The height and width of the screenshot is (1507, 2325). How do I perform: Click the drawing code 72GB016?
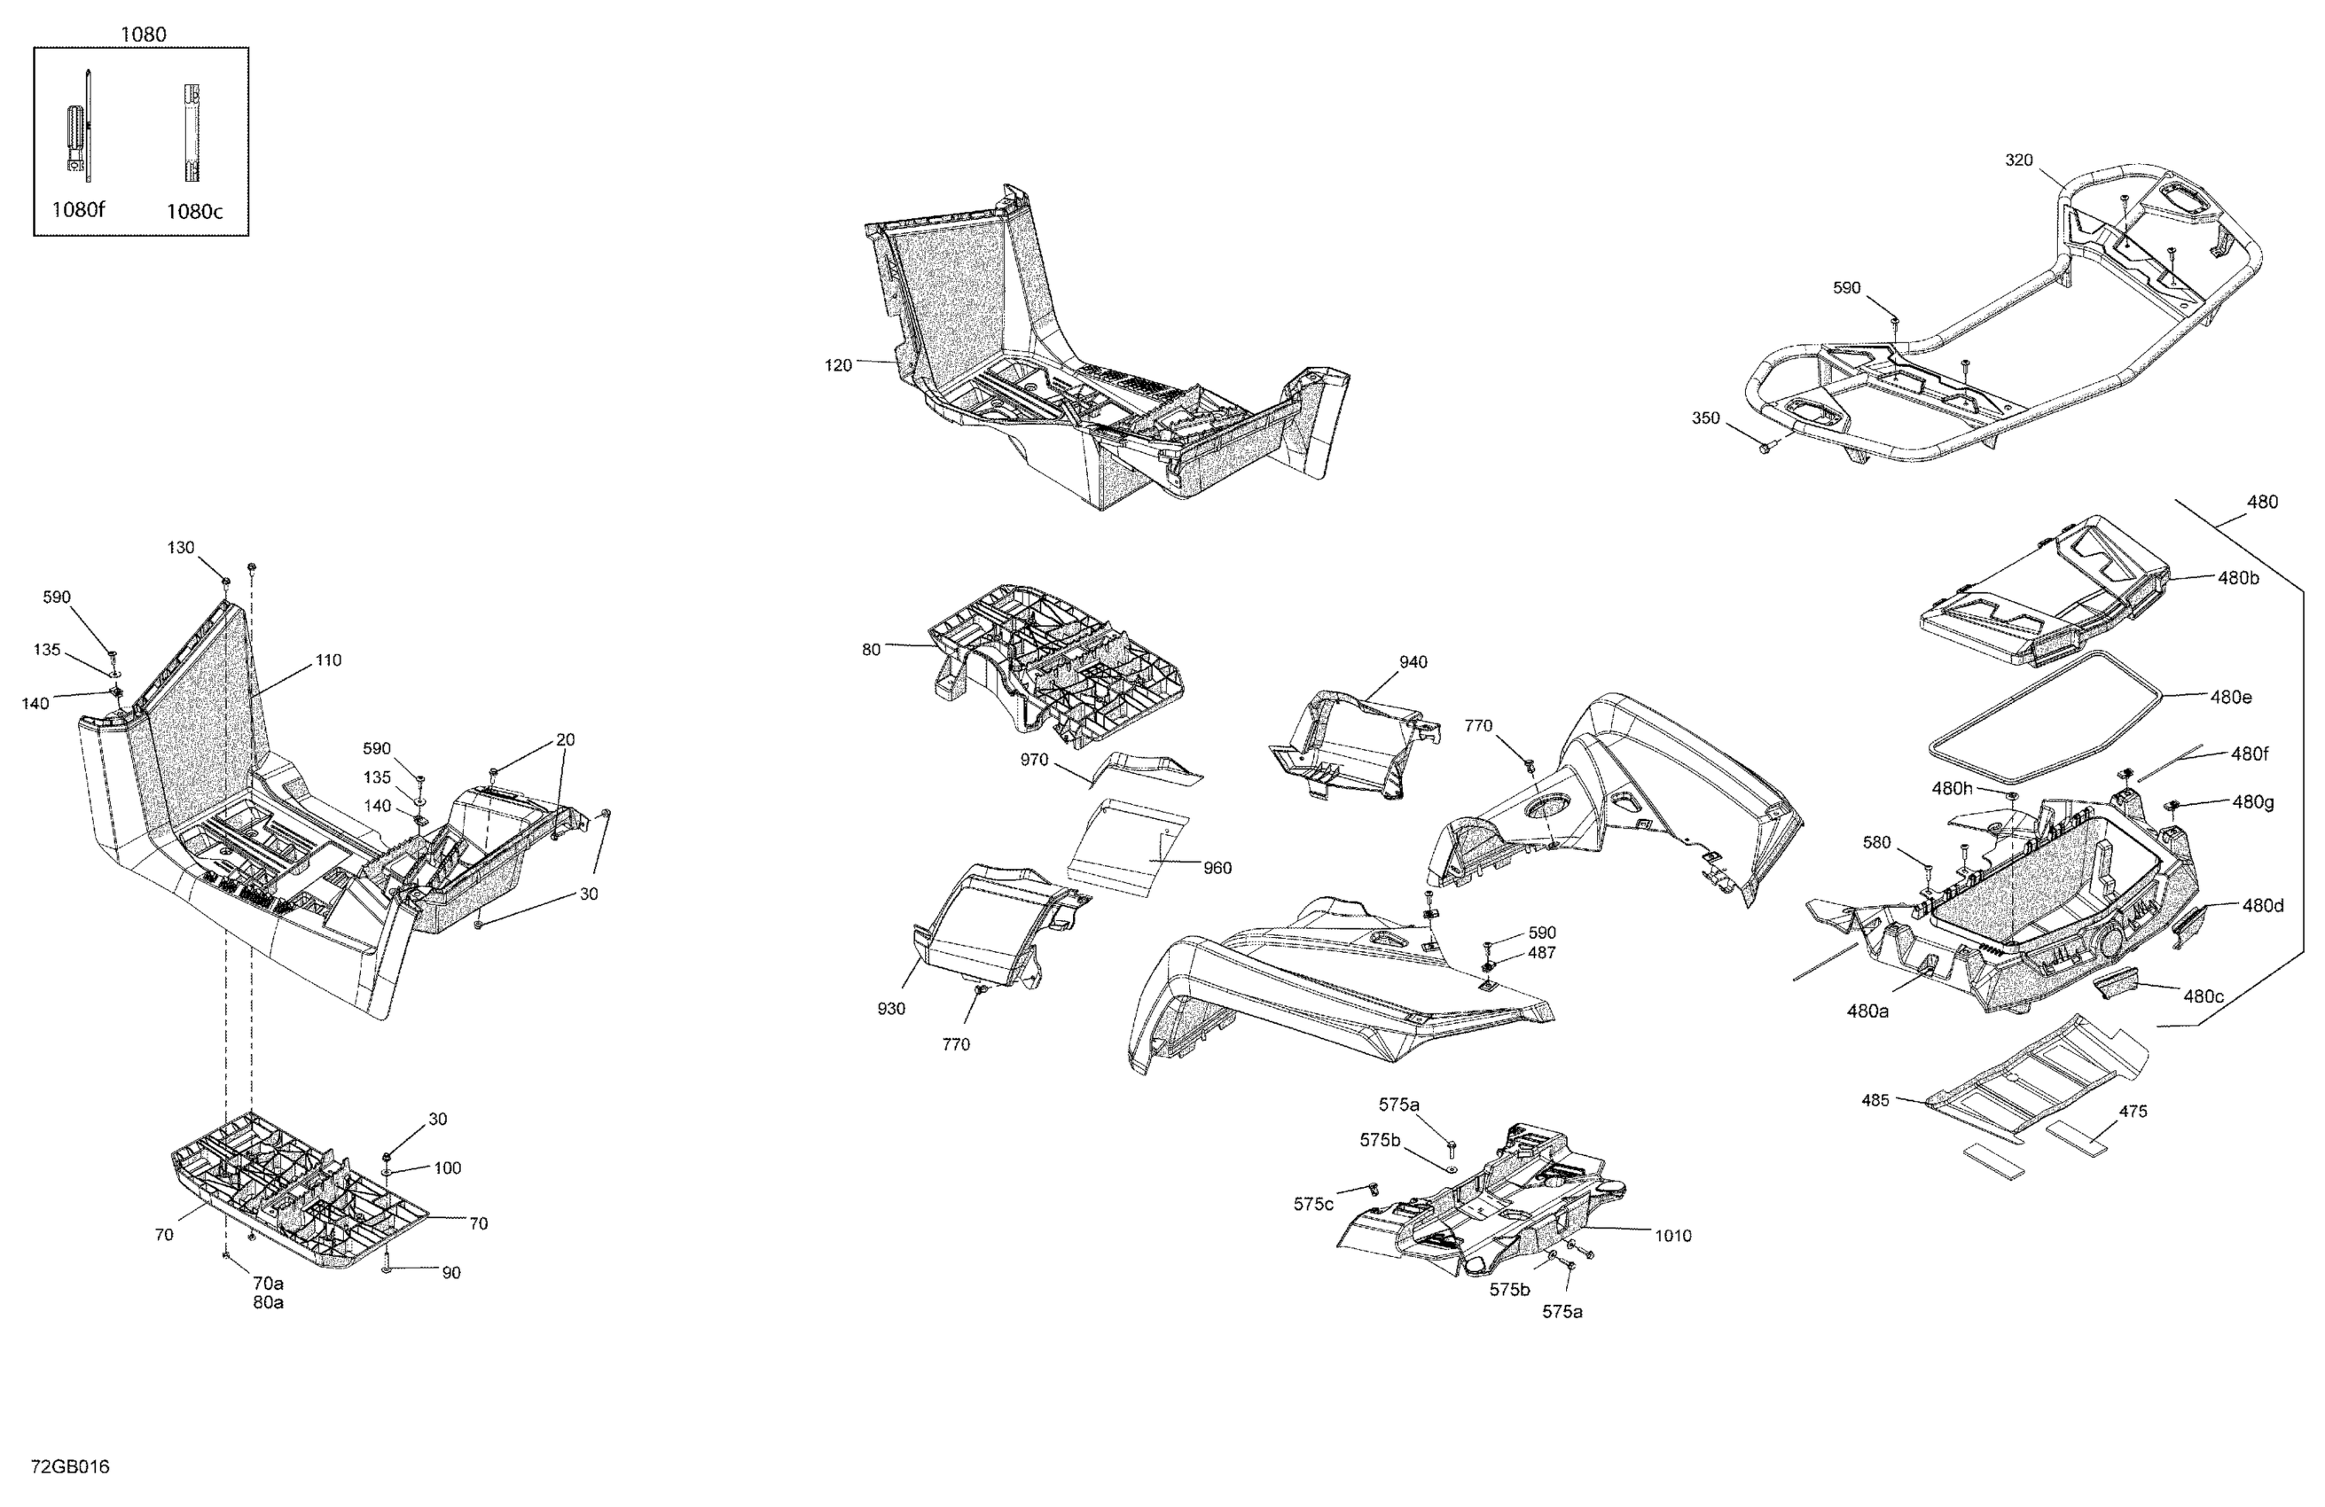click(70, 1467)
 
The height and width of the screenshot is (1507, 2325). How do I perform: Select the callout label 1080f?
click(78, 209)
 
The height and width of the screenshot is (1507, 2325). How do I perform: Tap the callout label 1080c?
click(193, 211)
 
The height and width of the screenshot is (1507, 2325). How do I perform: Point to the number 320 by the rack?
click(2018, 160)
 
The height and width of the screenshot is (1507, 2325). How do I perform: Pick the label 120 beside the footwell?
click(838, 365)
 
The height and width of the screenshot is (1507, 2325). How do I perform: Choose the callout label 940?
click(1413, 662)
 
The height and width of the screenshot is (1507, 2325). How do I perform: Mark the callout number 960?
click(1217, 867)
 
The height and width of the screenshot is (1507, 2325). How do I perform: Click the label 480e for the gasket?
click(2231, 698)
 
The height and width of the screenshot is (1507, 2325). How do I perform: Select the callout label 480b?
click(2238, 577)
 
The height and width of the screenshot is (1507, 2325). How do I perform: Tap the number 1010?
click(1672, 1236)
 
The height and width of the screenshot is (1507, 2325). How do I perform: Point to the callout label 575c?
click(1313, 1204)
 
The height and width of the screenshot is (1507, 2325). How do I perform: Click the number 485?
click(1875, 1100)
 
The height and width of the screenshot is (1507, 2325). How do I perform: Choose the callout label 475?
click(2133, 1112)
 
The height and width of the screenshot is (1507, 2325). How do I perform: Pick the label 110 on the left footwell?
click(328, 660)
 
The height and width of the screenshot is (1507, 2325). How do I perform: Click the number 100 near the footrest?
click(448, 1168)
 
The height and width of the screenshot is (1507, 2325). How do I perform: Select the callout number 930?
click(891, 1009)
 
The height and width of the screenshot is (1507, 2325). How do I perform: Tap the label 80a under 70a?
click(269, 1303)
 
